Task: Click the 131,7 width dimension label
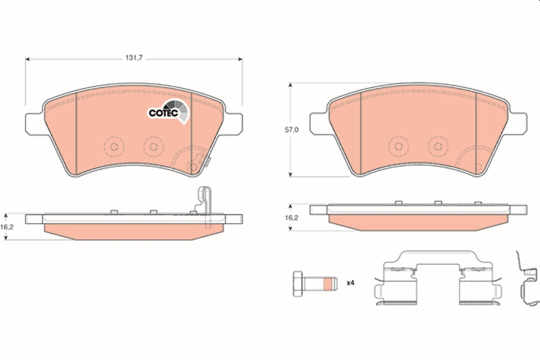(x=131, y=58)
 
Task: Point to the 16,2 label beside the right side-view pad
(x=292, y=218)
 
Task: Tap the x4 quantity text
(x=351, y=283)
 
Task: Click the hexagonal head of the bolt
(x=297, y=283)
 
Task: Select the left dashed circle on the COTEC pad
(x=113, y=146)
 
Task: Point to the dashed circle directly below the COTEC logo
(x=153, y=146)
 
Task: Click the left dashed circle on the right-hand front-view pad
(x=398, y=146)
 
